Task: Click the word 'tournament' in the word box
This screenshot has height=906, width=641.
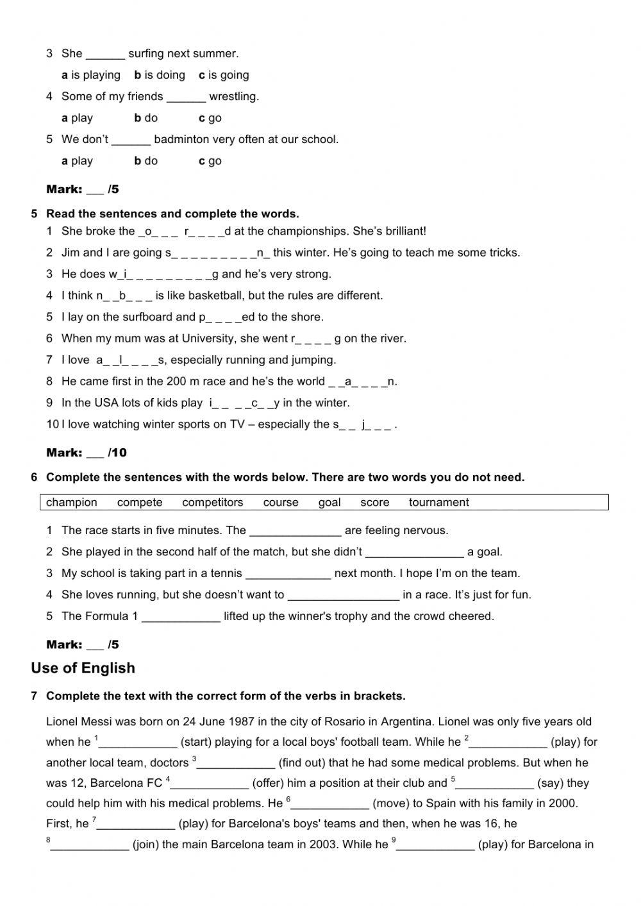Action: point(438,503)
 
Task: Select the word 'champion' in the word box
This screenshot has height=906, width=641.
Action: point(72,503)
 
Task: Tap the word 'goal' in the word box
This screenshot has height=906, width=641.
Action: point(329,503)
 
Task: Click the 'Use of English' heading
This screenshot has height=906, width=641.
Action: point(83,668)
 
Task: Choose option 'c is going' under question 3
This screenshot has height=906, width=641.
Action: point(224,75)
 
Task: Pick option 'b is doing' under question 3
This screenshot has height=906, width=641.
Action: point(160,75)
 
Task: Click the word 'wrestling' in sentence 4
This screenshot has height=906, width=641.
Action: point(234,97)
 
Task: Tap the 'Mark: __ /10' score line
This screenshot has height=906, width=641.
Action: point(87,453)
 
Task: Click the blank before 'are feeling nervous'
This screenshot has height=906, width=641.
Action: point(295,531)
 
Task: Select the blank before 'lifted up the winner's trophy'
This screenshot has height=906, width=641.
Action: point(181,617)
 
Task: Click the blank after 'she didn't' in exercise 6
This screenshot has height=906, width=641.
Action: point(414,552)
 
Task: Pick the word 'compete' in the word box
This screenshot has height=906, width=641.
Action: point(140,503)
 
